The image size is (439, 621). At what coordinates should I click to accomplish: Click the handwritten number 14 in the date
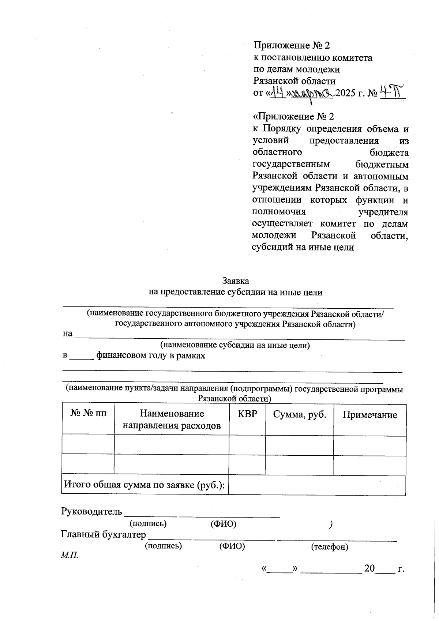click(277, 93)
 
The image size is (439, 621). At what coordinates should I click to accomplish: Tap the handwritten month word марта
click(312, 93)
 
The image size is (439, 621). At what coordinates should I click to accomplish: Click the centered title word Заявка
click(236, 281)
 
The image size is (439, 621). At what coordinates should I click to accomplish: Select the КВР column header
click(247, 414)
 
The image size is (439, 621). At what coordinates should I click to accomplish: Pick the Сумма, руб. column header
click(299, 414)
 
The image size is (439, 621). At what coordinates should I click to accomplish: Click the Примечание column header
click(369, 415)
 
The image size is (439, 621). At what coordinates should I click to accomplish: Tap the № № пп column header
click(89, 413)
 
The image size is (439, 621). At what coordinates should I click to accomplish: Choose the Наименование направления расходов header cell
click(172, 419)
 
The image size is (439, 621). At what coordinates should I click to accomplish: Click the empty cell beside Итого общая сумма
click(317, 485)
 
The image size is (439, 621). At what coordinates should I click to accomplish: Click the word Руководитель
click(91, 511)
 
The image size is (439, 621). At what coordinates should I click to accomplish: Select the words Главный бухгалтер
click(103, 534)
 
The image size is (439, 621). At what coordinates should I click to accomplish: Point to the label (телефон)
click(329, 547)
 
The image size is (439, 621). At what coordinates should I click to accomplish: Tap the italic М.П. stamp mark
click(70, 556)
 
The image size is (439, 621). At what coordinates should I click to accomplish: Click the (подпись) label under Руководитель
click(148, 524)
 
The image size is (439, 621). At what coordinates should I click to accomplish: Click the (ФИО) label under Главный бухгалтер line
click(232, 546)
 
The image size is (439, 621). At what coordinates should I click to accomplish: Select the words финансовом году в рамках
click(151, 355)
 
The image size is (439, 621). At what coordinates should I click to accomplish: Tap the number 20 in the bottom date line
click(369, 568)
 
